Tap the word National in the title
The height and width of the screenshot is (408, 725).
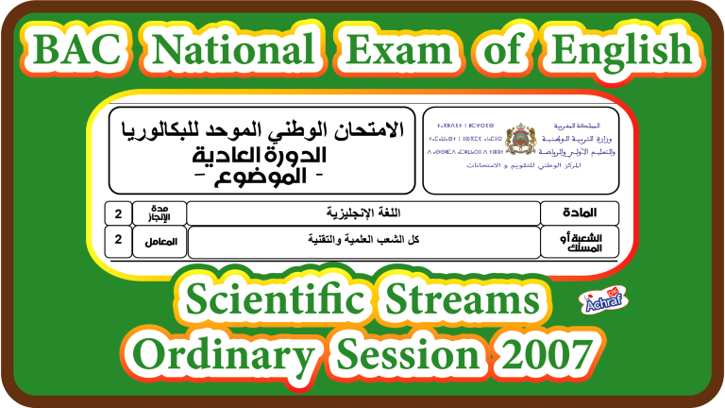tap(233, 47)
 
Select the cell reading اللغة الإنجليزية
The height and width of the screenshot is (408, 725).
tap(363, 212)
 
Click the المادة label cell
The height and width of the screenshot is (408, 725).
tap(580, 212)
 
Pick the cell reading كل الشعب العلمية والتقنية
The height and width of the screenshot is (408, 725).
tap(363, 242)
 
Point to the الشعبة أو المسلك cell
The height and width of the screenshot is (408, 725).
tap(580, 242)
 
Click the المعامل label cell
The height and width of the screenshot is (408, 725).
tap(160, 242)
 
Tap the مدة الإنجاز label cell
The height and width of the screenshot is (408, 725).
tap(159, 212)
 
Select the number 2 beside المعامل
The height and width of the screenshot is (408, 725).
tap(118, 242)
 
